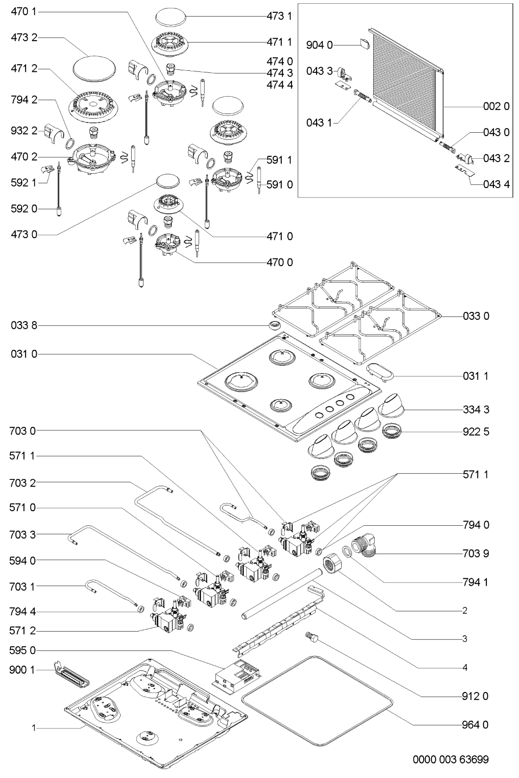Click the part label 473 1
[x=279, y=17]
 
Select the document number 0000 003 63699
[x=451, y=759]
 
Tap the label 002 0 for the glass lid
[x=496, y=106]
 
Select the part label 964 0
[x=475, y=725]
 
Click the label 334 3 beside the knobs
[x=476, y=410]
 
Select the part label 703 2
[x=23, y=483]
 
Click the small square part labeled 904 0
[x=364, y=43]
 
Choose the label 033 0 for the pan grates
[x=476, y=316]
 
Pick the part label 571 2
[x=23, y=631]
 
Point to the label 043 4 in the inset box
[x=496, y=184]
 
